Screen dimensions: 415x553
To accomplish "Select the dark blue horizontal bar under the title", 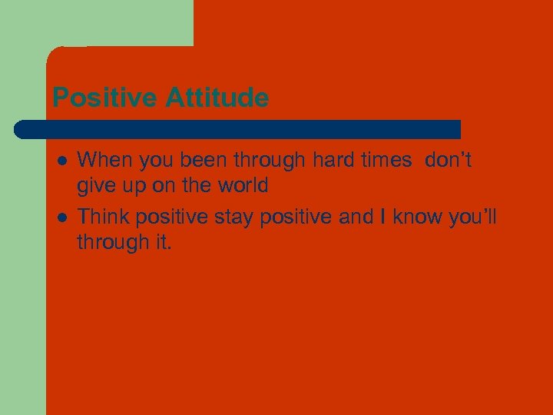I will [x=238, y=129].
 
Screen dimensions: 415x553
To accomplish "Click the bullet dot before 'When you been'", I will [x=60, y=161].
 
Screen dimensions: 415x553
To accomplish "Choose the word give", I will [x=94, y=185].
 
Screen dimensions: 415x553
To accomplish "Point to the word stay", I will [x=233, y=218].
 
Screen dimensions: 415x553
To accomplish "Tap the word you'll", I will [x=472, y=218].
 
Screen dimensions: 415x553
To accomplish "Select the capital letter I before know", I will [x=383, y=217].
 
